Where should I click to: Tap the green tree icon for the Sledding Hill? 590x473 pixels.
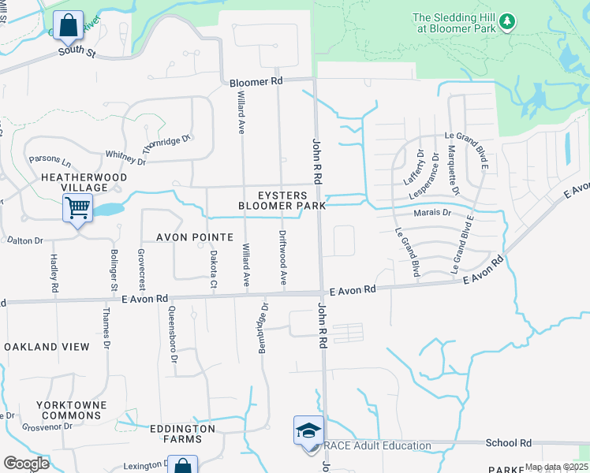509,20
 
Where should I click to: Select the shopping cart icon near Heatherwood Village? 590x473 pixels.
78,209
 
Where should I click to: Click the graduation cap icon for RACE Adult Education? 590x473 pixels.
308,430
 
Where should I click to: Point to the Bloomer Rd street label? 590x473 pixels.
256,82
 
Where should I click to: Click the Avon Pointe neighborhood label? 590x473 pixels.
195,236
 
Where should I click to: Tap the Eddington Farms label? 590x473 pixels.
183,433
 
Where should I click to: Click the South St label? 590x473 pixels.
77,54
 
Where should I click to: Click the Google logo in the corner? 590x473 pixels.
26,463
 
